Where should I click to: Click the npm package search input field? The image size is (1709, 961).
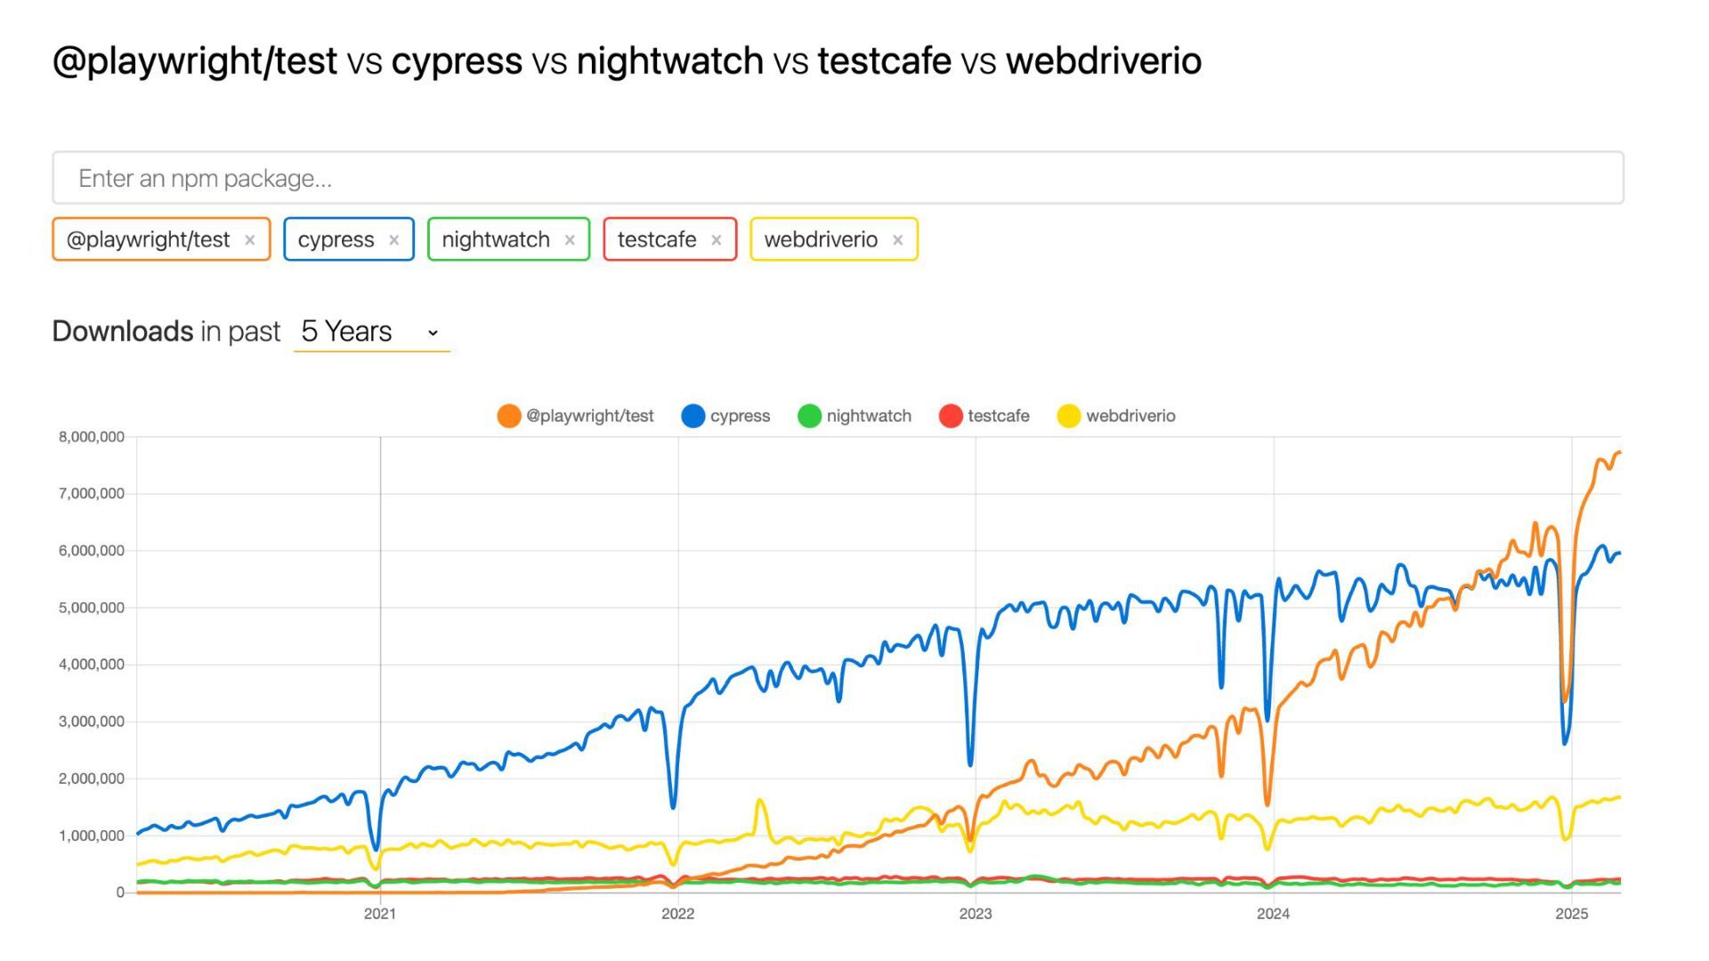(x=837, y=178)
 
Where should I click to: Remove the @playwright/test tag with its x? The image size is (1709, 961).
(x=250, y=240)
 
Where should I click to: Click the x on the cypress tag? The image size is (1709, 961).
(x=393, y=240)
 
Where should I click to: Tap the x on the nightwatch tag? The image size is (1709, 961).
(x=570, y=240)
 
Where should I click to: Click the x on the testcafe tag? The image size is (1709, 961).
(x=716, y=240)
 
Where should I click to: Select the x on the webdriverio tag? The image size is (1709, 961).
(x=897, y=240)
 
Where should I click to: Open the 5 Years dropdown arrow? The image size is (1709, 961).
(x=433, y=333)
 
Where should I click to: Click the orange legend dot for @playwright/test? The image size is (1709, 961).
(x=508, y=416)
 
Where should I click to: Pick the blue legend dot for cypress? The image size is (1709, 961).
(x=693, y=416)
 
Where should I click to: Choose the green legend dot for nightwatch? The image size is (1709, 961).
(x=809, y=416)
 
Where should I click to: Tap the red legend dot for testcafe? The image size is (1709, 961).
(x=951, y=416)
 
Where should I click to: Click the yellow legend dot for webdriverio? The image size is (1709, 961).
(x=1068, y=416)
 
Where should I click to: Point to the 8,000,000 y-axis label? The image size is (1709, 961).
(x=92, y=437)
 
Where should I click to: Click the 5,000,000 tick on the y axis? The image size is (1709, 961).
(x=92, y=608)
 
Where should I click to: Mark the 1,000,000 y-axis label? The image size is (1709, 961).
(x=92, y=836)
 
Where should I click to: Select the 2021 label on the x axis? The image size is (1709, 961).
(x=380, y=914)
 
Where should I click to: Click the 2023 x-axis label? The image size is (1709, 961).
(x=975, y=914)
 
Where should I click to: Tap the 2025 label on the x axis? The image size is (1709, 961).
(x=1571, y=914)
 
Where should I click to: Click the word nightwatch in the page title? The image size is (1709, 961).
(x=669, y=61)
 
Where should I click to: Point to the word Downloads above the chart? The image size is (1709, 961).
(x=123, y=331)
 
